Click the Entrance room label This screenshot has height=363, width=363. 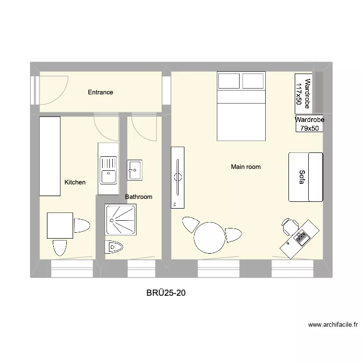[100, 92]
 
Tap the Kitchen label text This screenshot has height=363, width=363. [75, 182]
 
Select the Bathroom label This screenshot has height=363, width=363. [138, 197]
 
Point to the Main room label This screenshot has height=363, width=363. [246, 167]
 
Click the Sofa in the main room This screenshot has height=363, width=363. [305, 177]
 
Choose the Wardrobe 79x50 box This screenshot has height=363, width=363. [309, 124]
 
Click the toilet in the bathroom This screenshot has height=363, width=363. [114, 247]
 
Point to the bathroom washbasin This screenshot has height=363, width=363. [135, 170]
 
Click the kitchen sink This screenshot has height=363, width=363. [108, 170]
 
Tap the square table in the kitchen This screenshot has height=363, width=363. [60, 226]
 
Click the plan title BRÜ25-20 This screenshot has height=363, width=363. [166, 293]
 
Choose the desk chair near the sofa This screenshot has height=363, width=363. [289, 226]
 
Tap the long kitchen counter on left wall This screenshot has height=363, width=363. [50, 156]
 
